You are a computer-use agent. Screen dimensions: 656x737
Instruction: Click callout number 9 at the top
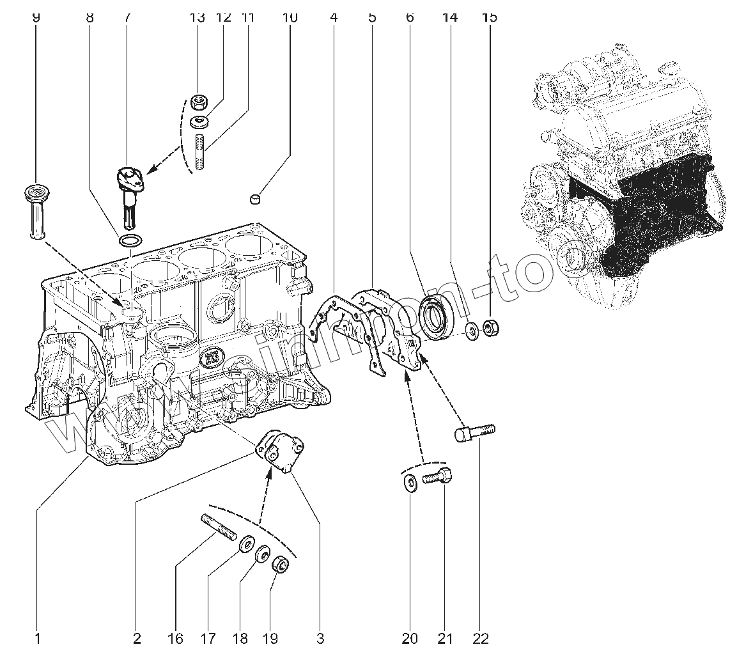pyautogui.click(x=36, y=17)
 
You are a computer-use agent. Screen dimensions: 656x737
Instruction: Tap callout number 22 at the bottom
pyautogui.click(x=481, y=637)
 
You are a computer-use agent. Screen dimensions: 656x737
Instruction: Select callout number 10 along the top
pyautogui.click(x=290, y=17)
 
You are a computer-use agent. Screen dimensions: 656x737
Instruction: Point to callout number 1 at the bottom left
pyautogui.click(x=37, y=637)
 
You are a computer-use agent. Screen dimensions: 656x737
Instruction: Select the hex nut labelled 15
pyautogui.click(x=491, y=329)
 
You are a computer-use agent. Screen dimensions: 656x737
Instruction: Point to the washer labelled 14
pyautogui.click(x=472, y=330)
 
